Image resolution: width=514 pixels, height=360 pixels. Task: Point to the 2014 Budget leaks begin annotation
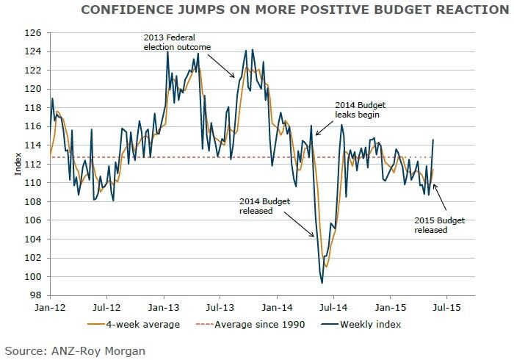click(x=361, y=110)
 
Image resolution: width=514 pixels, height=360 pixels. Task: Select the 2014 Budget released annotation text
click(x=257, y=206)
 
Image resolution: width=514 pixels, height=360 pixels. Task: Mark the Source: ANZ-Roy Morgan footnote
click(x=74, y=351)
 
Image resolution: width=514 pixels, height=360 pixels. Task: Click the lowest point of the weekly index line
click(x=322, y=283)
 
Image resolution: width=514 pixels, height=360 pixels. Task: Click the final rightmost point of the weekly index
click(x=433, y=140)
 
